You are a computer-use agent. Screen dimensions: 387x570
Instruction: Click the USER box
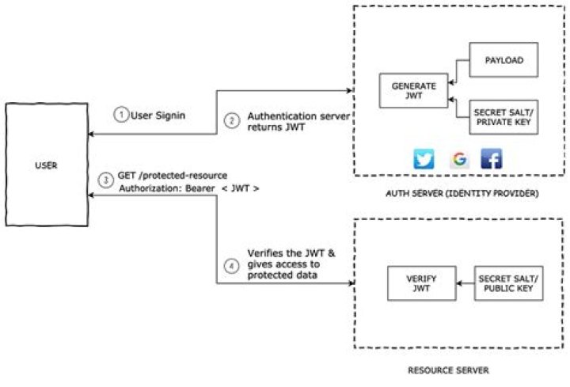point(45,167)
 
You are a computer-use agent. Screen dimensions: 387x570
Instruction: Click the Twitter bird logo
point(424,159)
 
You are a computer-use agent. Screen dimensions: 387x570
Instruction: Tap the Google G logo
point(459,159)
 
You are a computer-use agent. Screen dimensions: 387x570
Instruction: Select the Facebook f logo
point(491,159)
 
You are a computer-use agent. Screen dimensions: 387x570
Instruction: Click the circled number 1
point(120,115)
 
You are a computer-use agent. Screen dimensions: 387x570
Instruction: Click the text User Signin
point(158,115)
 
